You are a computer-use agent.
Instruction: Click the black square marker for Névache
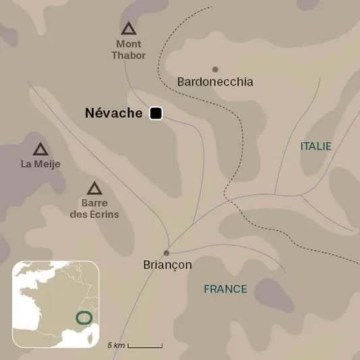tap(156, 113)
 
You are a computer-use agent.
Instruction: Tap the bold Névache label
tap(114, 114)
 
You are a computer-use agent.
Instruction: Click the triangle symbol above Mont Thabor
tap(128, 28)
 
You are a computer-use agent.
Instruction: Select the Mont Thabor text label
tap(128, 49)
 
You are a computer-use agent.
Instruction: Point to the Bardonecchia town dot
tap(215, 69)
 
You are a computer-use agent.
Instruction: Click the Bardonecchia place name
tap(215, 82)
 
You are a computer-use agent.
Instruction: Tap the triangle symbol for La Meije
tap(40, 149)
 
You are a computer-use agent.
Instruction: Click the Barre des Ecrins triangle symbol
tap(94, 188)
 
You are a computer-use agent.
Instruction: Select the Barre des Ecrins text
tap(94, 208)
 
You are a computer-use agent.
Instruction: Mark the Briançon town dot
tap(167, 253)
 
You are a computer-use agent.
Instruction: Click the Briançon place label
tap(168, 265)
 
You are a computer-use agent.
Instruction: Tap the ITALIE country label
tap(316, 146)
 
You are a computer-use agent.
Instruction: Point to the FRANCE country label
tap(225, 289)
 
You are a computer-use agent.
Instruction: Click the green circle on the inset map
tap(84, 317)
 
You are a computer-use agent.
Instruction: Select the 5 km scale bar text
tap(116, 345)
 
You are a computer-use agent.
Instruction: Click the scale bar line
tap(145, 346)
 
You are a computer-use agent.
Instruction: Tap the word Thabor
tap(128, 55)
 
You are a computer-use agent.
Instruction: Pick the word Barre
tap(94, 203)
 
